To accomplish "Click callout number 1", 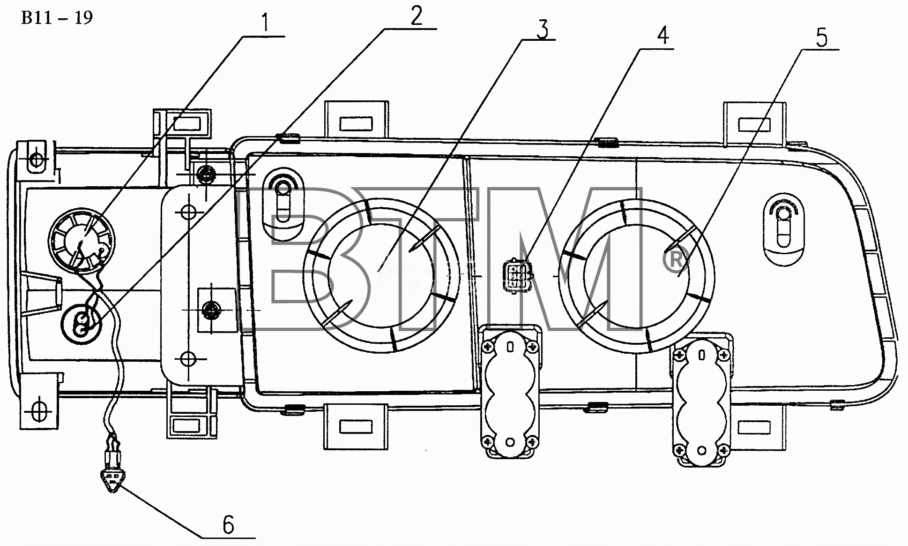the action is [x=266, y=23].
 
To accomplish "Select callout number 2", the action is [x=416, y=16].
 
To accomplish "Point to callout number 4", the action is [x=662, y=35].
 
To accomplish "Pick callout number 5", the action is [x=821, y=38].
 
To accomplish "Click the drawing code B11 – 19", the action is [x=57, y=17].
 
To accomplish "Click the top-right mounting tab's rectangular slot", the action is [x=754, y=124].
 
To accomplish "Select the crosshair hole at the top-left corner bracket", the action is [x=36, y=160].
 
